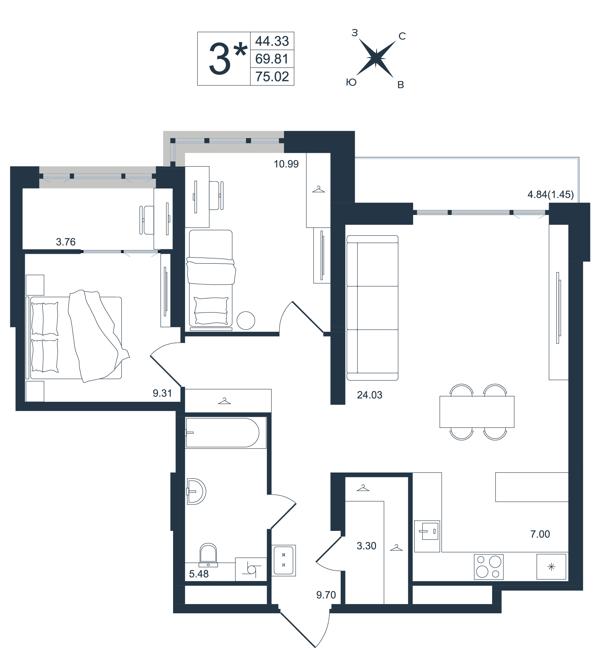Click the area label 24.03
(x=370, y=395)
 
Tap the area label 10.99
(x=286, y=164)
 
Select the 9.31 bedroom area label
(x=162, y=393)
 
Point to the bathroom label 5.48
(x=199, y=574)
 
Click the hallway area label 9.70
(x=326, y=595)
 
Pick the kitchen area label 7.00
(x=540, y=534)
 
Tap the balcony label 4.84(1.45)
(x=550, y=194)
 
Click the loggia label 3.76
(x=66, y=242)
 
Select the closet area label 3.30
(x=366, y=546)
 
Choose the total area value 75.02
(x=272, y=77)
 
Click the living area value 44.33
(x=272, y=41)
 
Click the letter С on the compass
(x=402, y=36)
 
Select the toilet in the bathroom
(x=208, y=555)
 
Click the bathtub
(x=226, y=433)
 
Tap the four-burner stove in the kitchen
(x=489, y=567)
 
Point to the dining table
(x=477, y=412)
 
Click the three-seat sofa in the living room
(x=373, y=308)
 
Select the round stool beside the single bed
(x=246, y=320)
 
